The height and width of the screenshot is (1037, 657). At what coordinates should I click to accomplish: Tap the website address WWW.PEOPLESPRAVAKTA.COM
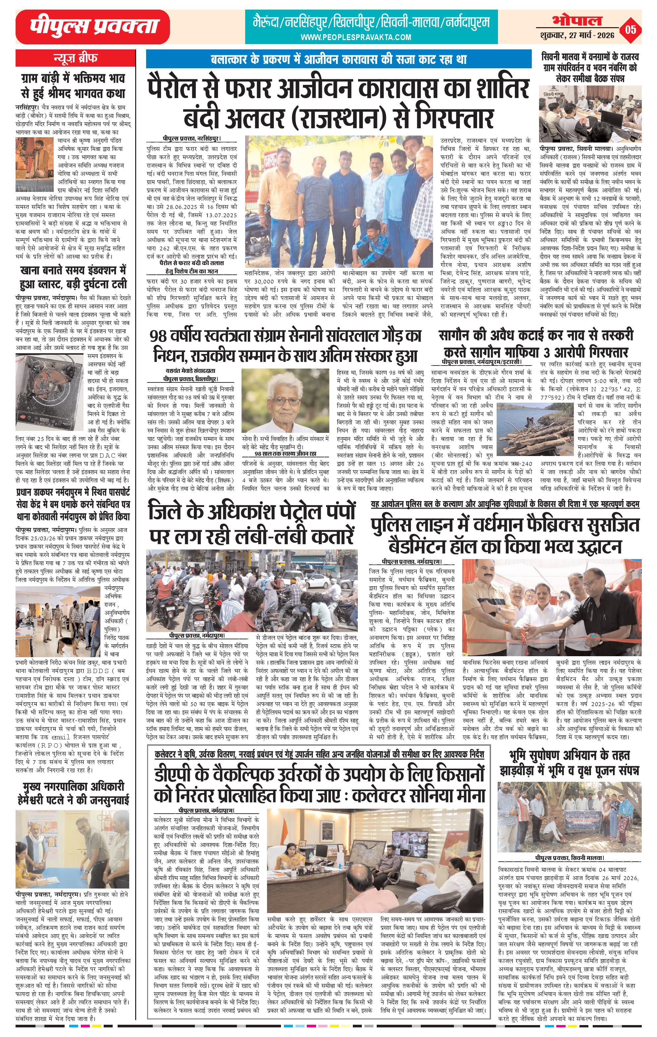pos(356,37)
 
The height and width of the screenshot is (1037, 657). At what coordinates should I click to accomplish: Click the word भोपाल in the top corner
pos(577,20)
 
